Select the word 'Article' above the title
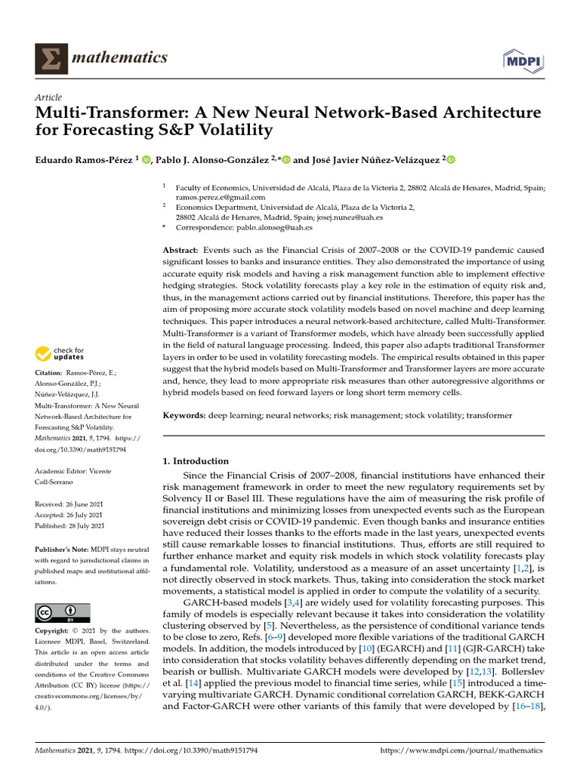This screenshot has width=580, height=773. coord(48,98)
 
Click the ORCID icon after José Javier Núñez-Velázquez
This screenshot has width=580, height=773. coord(452,159)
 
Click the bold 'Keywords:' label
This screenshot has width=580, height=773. coord(185,416)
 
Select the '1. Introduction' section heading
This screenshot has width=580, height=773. coord(196,461)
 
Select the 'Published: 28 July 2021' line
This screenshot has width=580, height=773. coord(70,525)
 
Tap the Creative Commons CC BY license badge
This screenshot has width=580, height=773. coord(62,612)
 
